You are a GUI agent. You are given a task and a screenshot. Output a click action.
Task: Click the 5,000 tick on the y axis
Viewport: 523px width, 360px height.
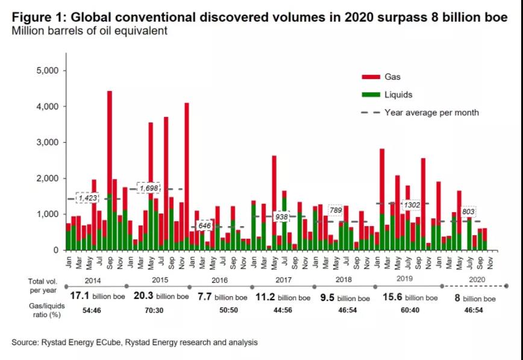[x=46, y=71]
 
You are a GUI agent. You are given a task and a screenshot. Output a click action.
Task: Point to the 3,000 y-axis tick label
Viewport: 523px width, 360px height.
[x=46, y=143]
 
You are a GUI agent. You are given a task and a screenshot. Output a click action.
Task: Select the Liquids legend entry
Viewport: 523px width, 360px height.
[x=397, y=95]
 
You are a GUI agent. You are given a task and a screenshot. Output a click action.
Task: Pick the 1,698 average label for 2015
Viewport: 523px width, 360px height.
[x=150, y=188]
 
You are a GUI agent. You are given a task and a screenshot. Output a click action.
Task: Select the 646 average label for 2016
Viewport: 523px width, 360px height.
[x=205, y=226]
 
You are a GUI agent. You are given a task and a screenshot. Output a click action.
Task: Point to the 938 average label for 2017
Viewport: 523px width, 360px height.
[x=281, y=215]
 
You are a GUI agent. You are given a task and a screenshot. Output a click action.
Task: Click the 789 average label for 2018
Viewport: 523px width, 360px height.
[x=336, y=209]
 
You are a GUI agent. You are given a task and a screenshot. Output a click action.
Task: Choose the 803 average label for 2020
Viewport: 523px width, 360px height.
[x=468, y=212]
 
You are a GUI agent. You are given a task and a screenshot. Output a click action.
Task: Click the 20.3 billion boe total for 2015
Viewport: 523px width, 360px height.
[x=155, y=297]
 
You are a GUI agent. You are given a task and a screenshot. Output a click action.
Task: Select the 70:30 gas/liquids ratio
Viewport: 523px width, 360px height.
[x=155, y=310]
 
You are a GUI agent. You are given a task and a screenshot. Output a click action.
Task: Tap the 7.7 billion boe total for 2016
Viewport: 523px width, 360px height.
[x=219, y=297]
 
